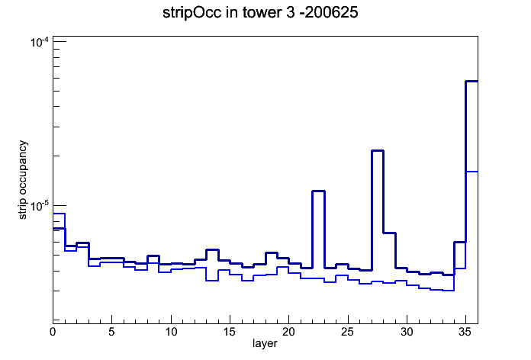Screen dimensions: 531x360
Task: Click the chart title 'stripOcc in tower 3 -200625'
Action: tap(260, 13)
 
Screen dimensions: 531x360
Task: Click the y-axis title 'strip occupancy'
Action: tap(22, 180)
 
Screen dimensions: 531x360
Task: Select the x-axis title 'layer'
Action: tap(265, 343)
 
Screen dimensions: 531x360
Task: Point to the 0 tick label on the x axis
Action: tap(53, 332)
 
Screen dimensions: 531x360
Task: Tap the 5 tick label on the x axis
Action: tap(111, 332)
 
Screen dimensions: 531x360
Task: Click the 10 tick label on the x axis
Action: tap(171, 332)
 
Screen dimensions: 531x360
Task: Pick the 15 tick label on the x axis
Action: tap(230, 332)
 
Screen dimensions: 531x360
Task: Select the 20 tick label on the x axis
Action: tap(288, 332)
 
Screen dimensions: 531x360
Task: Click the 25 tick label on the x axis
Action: tap(347, 332)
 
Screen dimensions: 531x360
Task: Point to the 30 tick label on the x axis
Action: tap(407, 332)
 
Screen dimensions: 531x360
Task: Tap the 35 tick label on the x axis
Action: tap(465, 332)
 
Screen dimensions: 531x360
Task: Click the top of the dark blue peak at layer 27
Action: tap(377, 151)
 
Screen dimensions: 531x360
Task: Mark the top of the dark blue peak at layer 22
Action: tap(318, 191)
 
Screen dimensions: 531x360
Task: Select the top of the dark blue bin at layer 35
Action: tap(471, 82)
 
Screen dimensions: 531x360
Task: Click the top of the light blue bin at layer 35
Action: tap(471, 172)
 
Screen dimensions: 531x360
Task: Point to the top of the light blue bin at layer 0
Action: tap(59, 214)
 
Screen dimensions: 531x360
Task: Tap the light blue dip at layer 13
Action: tap(212, 281)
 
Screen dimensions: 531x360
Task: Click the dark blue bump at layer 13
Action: tap(212, 250)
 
